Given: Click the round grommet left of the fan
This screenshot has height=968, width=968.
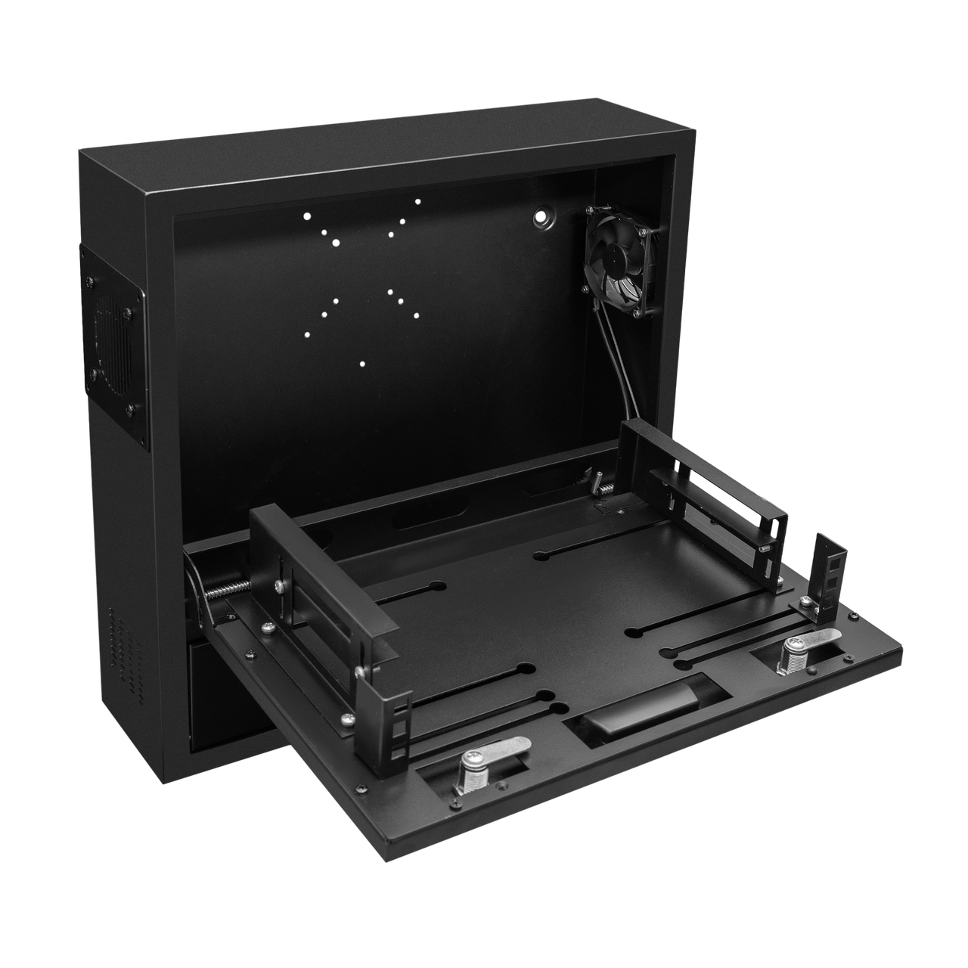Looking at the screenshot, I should (542, 217).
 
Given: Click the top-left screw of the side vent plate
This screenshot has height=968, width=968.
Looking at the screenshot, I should (90, 281).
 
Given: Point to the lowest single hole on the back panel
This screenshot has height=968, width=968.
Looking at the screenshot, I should (362, 364).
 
